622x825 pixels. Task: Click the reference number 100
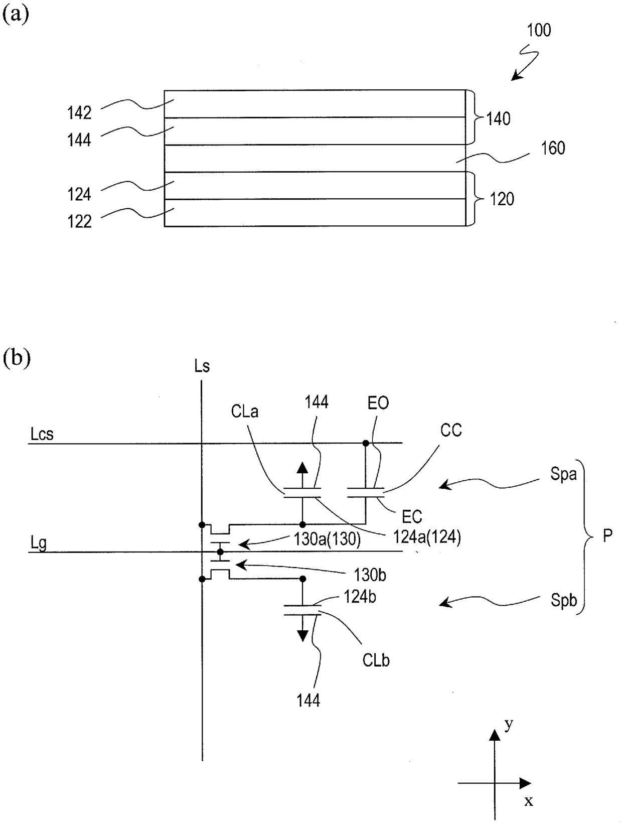tap(539, 30)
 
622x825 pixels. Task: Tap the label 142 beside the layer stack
tap(79, 113)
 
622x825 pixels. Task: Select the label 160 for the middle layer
tap(553, 149)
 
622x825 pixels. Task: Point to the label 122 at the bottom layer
tap(79, 221)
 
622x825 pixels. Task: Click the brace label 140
tap(499, 119)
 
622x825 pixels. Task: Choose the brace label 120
tap(502, 199)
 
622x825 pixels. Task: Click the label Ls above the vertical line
tap(202, 366)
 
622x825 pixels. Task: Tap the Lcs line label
tap(42, 434)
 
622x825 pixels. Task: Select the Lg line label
tap(38, 543)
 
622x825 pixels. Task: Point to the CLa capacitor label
tap(244, 411)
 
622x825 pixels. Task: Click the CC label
tap(451, 431)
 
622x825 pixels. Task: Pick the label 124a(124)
tap(427, 537)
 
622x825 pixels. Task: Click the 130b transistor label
tap(370, 575)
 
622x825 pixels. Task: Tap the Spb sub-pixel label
tap(563, 600)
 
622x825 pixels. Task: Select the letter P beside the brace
tap(607, 535)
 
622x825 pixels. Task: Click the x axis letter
tap(529, 801)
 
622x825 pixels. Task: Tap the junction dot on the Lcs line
tap(366, 444)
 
